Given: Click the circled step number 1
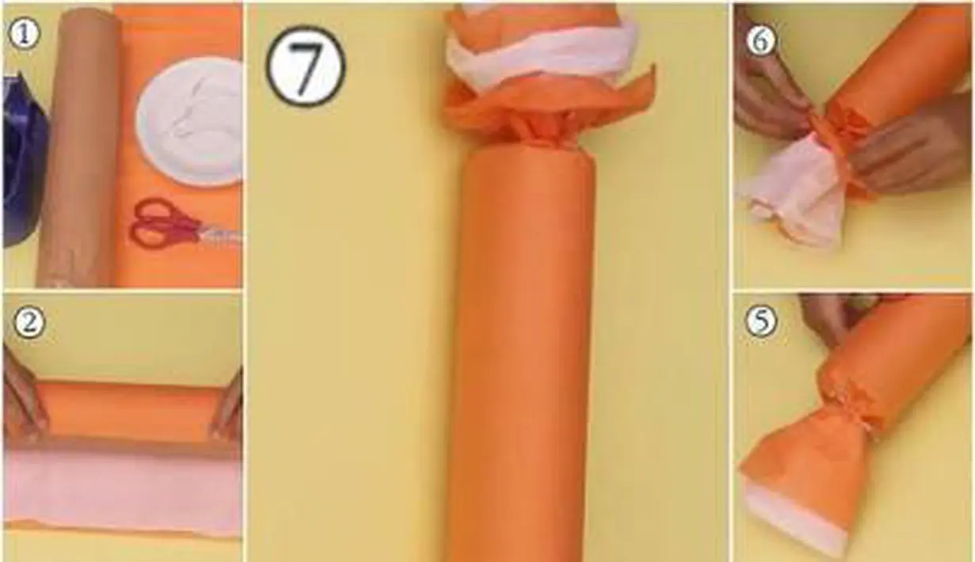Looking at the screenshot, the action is click(24, 34).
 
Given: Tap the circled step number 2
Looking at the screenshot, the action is click(29, 323).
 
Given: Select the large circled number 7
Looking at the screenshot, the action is click(306, 67).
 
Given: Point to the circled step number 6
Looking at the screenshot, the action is click(761, 42).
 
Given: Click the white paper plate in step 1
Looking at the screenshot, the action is click(190, 122).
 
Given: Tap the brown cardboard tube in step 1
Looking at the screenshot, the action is click(81, 148).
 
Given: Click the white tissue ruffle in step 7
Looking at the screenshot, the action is click(544, 56).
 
